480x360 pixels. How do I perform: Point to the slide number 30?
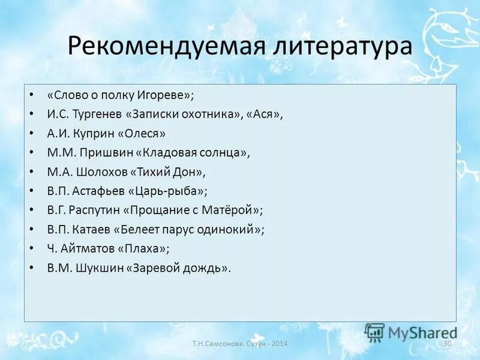point(446,343)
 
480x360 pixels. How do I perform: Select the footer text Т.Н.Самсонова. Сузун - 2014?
point(240,344)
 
